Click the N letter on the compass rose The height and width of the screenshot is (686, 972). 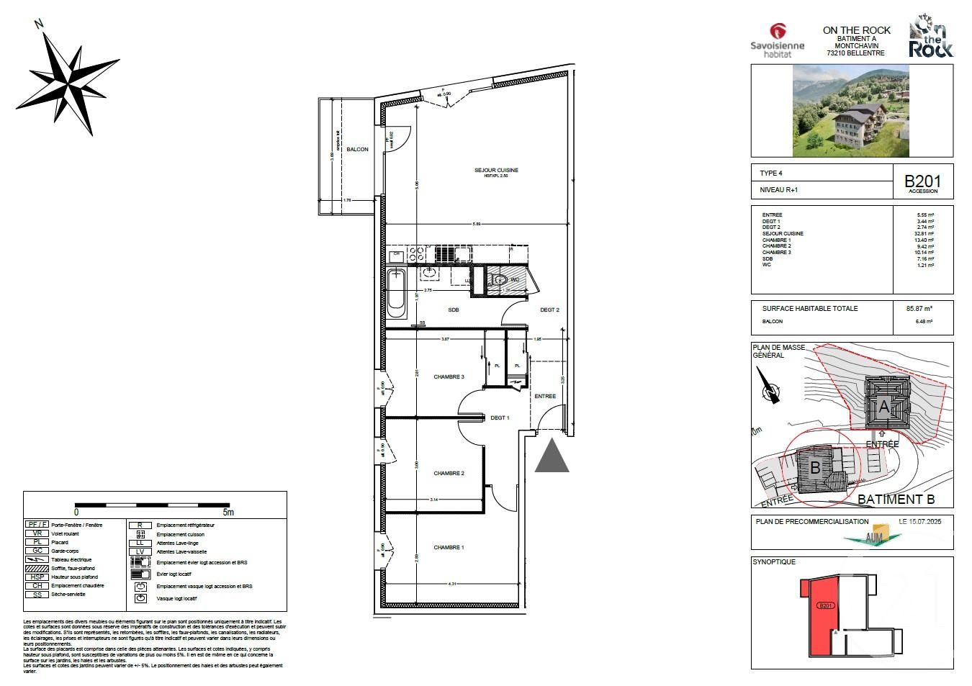click(x=40, y=24)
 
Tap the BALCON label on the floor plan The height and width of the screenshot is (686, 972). click(x=357, y=150)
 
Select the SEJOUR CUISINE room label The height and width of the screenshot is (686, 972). click(x=496, y=171)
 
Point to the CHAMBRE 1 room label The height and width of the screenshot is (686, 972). click(x=448, y=548)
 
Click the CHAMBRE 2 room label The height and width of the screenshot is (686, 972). click(x=448, y=474)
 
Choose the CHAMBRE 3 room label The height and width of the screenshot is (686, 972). click(x=448, y=377)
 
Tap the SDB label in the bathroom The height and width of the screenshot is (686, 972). click(x=454, y=310)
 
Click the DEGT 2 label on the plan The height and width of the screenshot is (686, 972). click(x=549, y=310)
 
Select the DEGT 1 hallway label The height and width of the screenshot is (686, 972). click(x=500, y=418)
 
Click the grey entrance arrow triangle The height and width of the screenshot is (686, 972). click(x=552, y=459)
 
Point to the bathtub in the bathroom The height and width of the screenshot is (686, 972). click(x=396, y=293)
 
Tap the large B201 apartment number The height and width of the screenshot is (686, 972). click(x=922, y=181)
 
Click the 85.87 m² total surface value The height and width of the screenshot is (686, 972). click(x=919, y=309)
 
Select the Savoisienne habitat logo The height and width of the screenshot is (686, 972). click(x=777, y=41)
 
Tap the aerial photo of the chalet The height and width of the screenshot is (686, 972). click(x=852, y=111)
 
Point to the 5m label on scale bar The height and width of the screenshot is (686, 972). click(x=228, y=513)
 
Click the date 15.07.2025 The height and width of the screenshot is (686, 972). click(x=924, y=520)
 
